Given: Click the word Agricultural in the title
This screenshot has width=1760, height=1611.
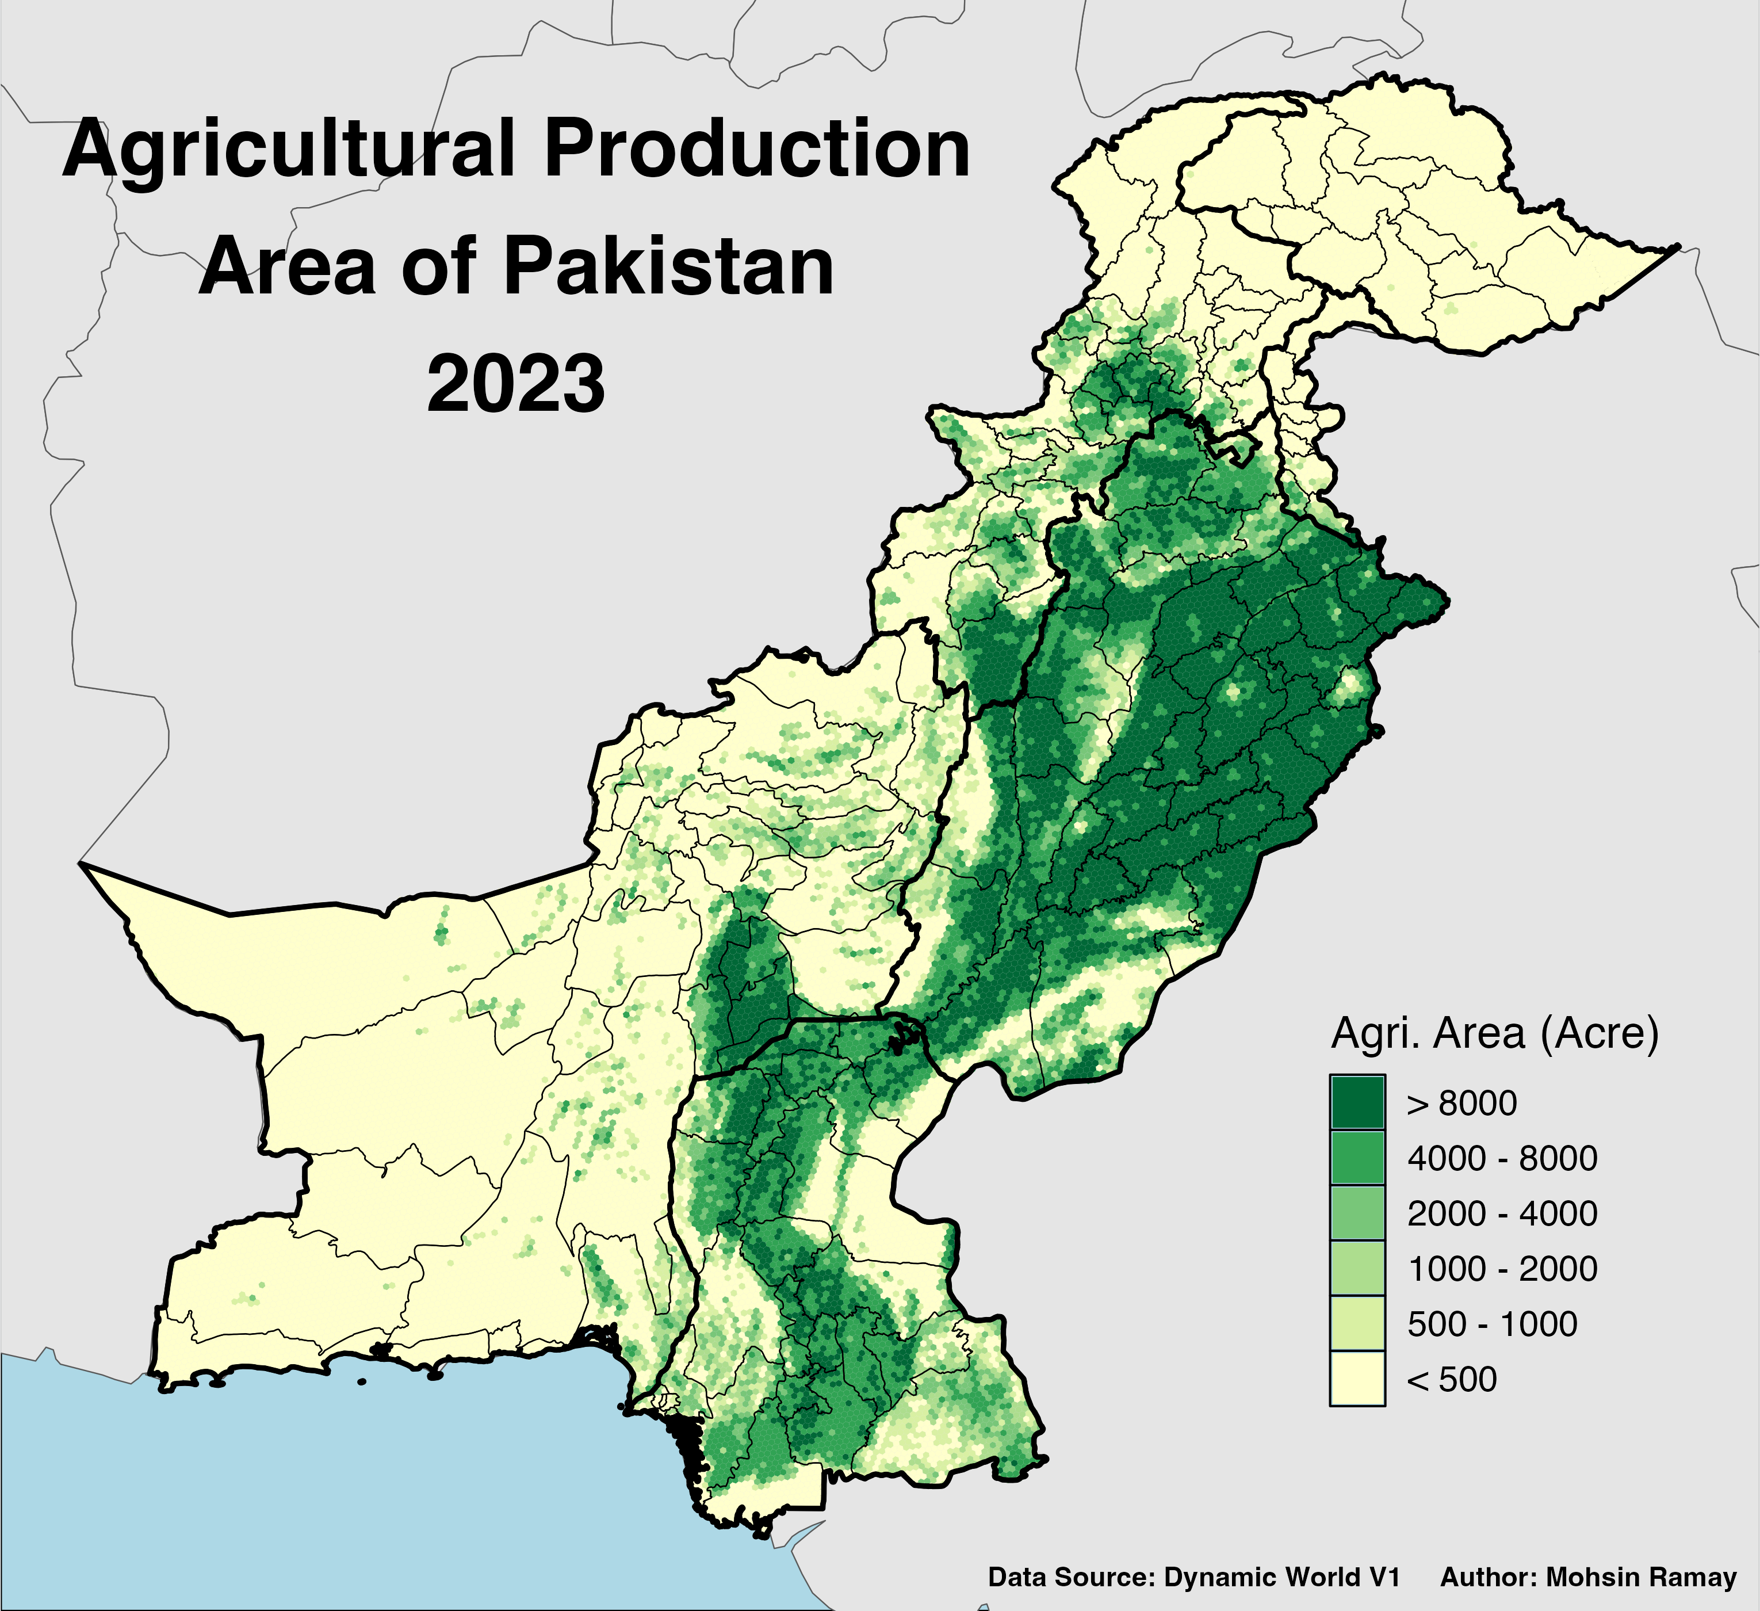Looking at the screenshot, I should [x=288, y=150].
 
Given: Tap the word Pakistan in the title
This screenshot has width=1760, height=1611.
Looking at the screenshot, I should [x=668, y=266].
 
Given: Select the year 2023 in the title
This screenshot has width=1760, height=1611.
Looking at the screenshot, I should [x=516, y=384].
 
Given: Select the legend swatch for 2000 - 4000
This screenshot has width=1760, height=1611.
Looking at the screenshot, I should [x=1357, y=1213].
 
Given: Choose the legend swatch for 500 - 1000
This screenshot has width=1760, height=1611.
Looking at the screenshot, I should [x=1357, y=1324].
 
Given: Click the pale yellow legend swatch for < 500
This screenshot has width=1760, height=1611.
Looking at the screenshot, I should [x=1357, y=1380].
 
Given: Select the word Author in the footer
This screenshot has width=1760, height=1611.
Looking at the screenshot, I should [x=1487, y=1578].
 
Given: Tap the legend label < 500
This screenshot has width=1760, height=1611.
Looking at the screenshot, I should [x=1451, y=1380].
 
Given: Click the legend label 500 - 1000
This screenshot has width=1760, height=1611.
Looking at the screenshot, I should [x=1491, y=1324].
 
